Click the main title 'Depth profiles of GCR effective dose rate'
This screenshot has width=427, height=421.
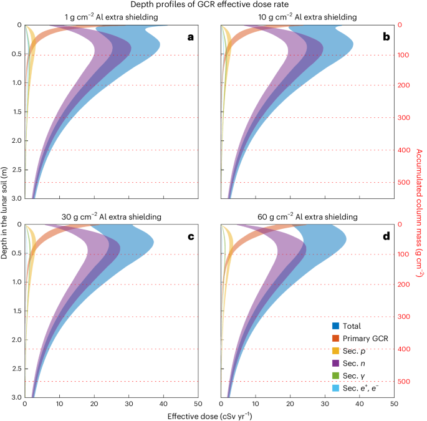[x=213, y=5]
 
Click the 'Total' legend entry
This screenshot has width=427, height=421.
[x=352, y=326]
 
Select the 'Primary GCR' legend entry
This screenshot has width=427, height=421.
[x=363, y=337]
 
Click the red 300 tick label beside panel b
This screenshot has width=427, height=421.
[x=403, y=117]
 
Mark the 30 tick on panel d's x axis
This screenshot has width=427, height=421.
[x=325, y=404]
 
